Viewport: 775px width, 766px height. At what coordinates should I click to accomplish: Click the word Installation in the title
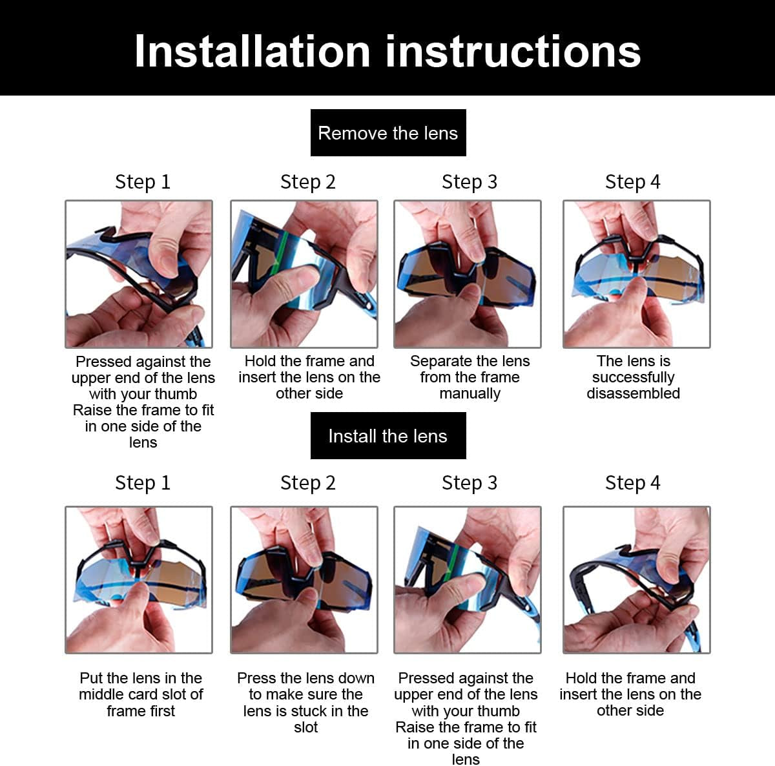pyautogui.click(x=253, y=51)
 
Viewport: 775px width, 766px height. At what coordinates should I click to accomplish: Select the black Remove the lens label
pyautogui.click(x=387, y=133)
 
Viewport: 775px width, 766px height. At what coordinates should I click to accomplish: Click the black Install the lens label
pyautogui.click(x=387, y=436)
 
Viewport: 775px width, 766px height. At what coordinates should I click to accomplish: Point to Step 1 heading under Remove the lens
pyautogui.click(x=142, y=182)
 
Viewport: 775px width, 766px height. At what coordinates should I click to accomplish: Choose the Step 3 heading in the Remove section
pyautogui.click(x=469, y=182)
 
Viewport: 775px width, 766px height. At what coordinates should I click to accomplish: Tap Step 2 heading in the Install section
pyautogui.click(x=307, y=483)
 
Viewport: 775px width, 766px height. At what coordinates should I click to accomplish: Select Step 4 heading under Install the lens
pyautogui.click(x=632, y=483)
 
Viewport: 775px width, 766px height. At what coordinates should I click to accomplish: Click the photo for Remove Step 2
pyautogui.click(x=304, y=274)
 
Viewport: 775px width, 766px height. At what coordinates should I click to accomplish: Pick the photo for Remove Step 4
pyautogui.click(x=636, y=274)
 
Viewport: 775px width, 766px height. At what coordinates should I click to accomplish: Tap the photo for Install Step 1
pyautogui.click(x=139, y=579)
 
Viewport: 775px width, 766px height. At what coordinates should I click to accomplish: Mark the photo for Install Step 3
pyautogui.click(x=467, y=579)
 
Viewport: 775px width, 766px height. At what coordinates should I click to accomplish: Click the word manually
pyautogui.click(x=470, y=394)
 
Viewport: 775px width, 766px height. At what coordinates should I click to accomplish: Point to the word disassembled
pyautogui.click(x=633, y=393)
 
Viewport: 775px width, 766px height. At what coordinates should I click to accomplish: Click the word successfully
pyautogui.click(x=633, y=377)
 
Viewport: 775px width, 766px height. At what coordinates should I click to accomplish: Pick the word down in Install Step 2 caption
pyautogui.click(x=356, y=678)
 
